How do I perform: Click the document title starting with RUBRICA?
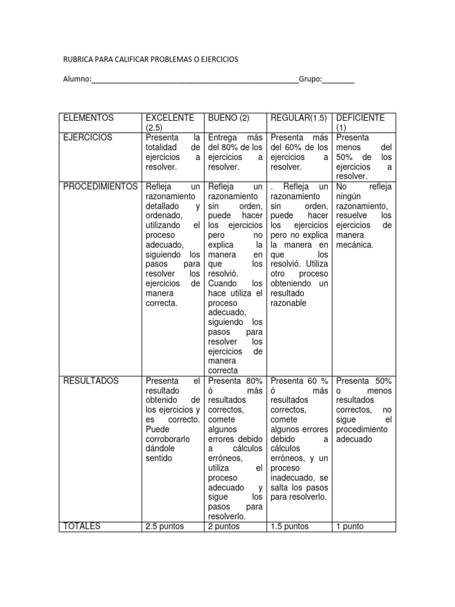(x=150, y=60)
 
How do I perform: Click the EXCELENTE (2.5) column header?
(x=169, y=122)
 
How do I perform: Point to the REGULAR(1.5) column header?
(x=298, y=118)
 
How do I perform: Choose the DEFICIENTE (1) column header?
(x=360, y=122)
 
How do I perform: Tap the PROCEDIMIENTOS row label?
(x=101, y=186)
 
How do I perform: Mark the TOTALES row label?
(x=82, y=526)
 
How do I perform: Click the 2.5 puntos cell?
(x=165, y=526)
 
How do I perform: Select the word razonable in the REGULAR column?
(x=289, y=303)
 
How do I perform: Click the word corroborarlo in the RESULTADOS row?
(x=168, y=439)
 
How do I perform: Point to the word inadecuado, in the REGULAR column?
(x=291, y=478)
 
